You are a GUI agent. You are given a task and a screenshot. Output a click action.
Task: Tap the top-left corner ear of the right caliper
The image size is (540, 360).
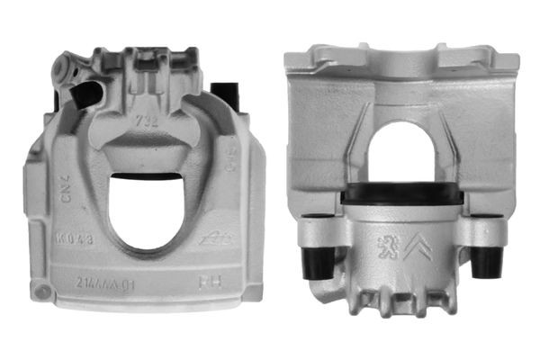click(x=301, y=60)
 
